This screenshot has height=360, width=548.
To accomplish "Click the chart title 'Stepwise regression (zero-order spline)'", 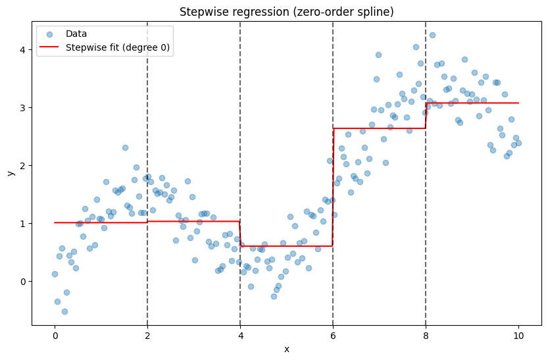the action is (x=287, y=12).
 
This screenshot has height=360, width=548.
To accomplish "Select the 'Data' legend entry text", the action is (x=76, y=34).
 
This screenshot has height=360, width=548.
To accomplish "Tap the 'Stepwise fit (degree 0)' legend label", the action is (x=118, y=47).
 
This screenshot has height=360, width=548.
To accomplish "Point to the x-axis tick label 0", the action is (x=55, y=336).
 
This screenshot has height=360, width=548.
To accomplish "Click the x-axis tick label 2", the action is (x=147, y=336).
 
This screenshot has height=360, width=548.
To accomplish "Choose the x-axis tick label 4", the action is (x=241, y=336).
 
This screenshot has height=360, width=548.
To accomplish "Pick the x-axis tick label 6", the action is (x=333, y=336).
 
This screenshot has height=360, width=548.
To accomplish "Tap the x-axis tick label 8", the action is (x=426, y=336).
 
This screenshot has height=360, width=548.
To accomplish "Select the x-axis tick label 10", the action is (x=518, y=336).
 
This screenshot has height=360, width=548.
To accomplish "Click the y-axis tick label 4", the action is (x=23, y=49).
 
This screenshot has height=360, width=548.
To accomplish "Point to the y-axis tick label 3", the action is (x=23, y=108).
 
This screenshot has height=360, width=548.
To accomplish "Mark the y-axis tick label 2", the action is (x=23, y=166).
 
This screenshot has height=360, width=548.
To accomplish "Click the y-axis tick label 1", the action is (x=23, y=224).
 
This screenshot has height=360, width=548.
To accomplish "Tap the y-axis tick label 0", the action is (x=23, y=282).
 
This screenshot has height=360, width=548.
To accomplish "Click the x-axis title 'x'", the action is (x=287, y=349).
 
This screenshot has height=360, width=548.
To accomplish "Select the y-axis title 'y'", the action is (x=11, y=172).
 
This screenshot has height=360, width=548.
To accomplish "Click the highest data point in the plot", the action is (x=432, y=36).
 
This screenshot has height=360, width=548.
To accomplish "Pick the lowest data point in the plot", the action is (x=64, y=311).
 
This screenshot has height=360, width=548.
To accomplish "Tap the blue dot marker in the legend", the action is (x=49, y=34).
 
